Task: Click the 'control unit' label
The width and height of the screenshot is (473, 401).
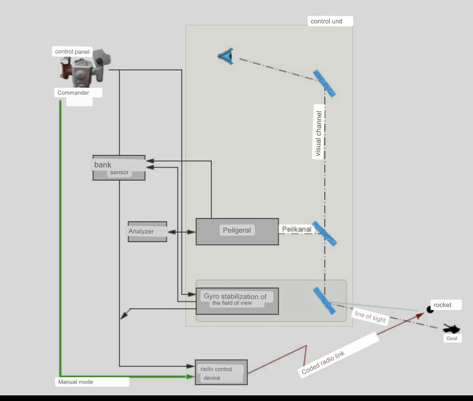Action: pos(331,21)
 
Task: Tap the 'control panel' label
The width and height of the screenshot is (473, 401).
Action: pos(73,52)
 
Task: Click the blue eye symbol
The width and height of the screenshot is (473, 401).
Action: pos(226,56)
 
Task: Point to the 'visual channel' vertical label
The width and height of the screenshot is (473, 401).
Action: pos(319,134)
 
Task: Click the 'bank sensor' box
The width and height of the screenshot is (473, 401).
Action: pos(119,167)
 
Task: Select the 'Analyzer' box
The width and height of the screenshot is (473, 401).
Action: pos(147,232)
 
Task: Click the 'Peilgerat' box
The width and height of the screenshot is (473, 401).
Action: pos(237,231)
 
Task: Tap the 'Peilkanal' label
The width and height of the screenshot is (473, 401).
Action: pos(296,229)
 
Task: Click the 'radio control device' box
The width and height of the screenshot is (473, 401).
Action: pos(221,372)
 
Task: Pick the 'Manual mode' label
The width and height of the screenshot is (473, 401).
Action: pos(92,382)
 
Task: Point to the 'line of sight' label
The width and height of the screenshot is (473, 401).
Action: pos(370,317)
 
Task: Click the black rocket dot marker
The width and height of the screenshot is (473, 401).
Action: pos(430,309)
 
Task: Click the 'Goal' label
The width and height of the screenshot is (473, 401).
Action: pos(452,338)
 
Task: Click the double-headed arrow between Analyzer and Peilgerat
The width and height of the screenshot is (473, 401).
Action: pos(181,232)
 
